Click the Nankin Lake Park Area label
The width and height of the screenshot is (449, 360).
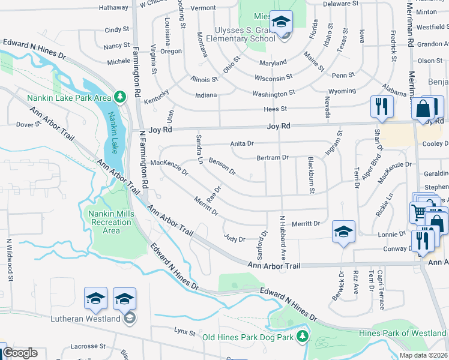coord(69,97)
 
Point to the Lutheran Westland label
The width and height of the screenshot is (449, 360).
coord(86,319)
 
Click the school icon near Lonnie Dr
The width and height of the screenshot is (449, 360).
coord(343,232)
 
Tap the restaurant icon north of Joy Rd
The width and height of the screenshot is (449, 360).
coord(382,107)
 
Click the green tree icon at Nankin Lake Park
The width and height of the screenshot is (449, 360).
coord(120,97)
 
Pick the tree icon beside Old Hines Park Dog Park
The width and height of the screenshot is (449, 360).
coord(304,335)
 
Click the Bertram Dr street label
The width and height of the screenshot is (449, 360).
coord(273,157)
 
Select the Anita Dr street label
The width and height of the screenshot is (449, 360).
coord(243,144)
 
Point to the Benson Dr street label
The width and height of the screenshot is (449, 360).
coord(222,166)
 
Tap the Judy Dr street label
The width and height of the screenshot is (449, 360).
coord(234,239)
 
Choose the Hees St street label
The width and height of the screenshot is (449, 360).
coord(276,109)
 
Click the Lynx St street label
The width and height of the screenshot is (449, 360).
coord(185,332)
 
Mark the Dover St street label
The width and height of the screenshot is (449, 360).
coord(28,125)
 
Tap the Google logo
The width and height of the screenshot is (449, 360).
coord(20,352)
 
